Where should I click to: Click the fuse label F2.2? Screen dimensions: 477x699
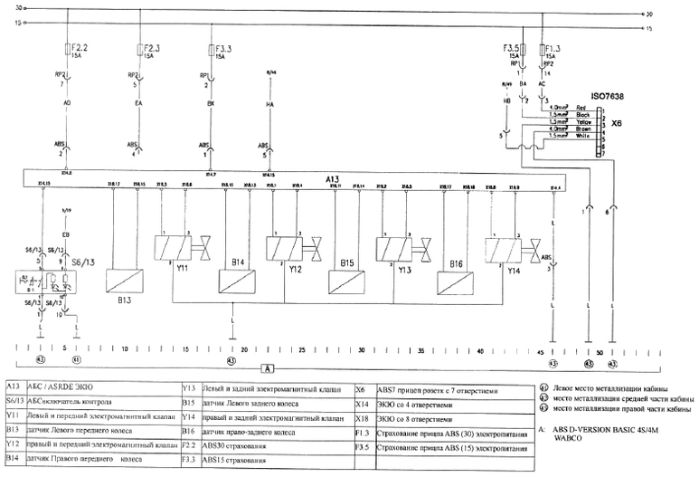[80, 45]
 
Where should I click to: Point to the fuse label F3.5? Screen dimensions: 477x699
[513, 45]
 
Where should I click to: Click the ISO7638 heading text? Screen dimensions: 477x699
[609, 94]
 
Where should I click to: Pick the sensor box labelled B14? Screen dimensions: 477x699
[237, 263]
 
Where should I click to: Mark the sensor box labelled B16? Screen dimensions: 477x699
[457, 263]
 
